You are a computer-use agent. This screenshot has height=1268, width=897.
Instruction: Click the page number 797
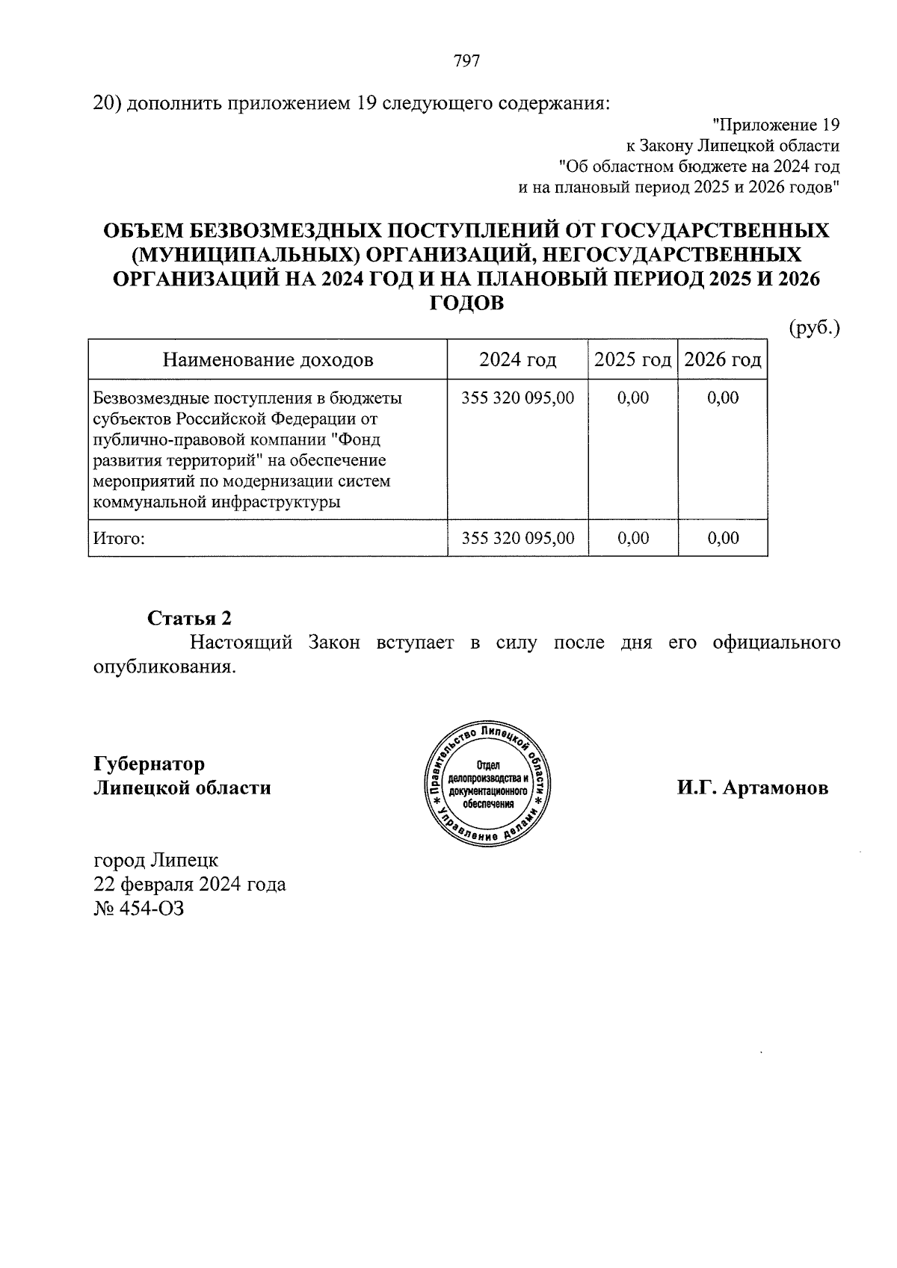coord(466,61)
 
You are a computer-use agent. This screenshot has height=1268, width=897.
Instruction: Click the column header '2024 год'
coord(517,360)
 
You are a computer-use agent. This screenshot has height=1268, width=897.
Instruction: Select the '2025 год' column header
coord(632,360)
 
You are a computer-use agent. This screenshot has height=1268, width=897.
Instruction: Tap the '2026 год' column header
coord(723,360)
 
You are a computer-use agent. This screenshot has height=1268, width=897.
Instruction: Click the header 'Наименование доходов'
coord(268,360)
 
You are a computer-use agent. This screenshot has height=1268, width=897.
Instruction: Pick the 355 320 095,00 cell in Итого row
coord(517,538)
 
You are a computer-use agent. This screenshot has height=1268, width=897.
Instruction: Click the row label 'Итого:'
coord(117,538)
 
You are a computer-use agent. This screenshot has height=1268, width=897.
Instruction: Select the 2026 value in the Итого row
coord(723,538)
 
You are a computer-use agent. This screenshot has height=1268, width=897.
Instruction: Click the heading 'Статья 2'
coord(189,618)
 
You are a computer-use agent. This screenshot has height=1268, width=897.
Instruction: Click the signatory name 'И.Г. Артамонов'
coord(753,788)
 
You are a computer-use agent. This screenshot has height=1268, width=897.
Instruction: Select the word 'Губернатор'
coord(149,764)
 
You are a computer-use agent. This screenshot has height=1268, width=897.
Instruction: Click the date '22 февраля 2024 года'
coord(189,884)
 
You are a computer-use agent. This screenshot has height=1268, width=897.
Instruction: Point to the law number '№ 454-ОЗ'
coord(138,909)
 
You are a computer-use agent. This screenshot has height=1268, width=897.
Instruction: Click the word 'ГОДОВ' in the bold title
coord(466,303)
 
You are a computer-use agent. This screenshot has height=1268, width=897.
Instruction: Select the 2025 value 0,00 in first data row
coord(632,398)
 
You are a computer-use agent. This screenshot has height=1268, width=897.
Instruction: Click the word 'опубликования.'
coord(164,667)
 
